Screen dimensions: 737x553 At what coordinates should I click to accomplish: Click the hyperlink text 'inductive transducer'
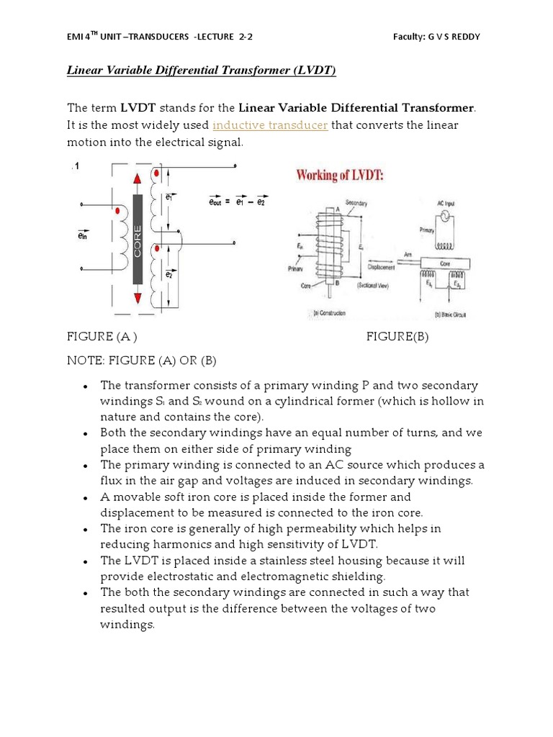point(270,125)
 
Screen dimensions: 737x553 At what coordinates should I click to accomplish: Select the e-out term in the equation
point(215,203)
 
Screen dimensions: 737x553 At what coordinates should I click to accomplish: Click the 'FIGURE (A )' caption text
point(102,338)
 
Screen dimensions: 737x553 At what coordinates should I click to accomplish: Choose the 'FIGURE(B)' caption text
point(397,338)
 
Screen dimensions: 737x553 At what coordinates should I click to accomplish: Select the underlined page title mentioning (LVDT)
point(202,70)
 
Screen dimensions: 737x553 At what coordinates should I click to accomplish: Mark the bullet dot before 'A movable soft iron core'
point(86,498)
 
